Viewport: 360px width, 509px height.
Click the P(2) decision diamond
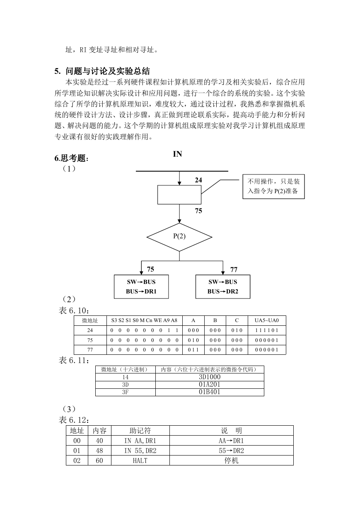(179, 237)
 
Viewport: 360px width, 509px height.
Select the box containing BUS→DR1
(141, 286)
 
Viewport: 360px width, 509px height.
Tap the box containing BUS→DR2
(223, 286)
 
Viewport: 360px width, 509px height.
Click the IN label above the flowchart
(177, 154)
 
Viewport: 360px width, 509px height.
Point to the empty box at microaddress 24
(179, 195)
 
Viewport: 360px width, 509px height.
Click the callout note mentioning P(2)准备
(274, 187)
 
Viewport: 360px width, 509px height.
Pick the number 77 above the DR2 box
(234, 269)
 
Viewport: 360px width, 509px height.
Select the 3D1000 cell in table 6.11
(210, 377)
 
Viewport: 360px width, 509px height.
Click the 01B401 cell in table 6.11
(210, 392)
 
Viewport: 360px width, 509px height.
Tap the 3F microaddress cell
(126, 392)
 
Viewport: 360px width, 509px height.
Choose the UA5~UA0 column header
(267, 320)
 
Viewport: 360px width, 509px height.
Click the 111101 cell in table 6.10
(267, 330)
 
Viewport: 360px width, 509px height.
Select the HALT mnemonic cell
(140, 461)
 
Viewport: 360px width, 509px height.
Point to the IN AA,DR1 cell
(140, 441)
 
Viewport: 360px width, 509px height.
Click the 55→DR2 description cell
(231, 451)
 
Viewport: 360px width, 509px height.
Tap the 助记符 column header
(140, 430)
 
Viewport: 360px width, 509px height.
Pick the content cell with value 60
(99, 461)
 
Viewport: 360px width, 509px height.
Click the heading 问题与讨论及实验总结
(108, 71)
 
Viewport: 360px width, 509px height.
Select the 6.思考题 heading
(71, 158)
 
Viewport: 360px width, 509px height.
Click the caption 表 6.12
(74, 420)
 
